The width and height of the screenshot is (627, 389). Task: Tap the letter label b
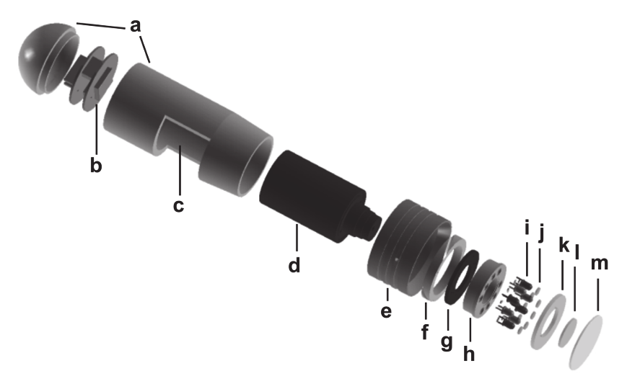(95, 165)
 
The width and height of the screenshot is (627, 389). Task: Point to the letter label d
(294, 265)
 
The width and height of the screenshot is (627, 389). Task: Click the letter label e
(386, 312)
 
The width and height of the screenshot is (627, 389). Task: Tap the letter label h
(470, 354)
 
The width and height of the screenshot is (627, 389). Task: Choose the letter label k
(564, 246)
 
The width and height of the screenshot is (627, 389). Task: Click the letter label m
(600, 264)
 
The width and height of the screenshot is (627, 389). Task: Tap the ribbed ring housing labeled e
(404, 249)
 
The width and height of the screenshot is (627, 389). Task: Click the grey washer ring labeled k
(547, 320)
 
